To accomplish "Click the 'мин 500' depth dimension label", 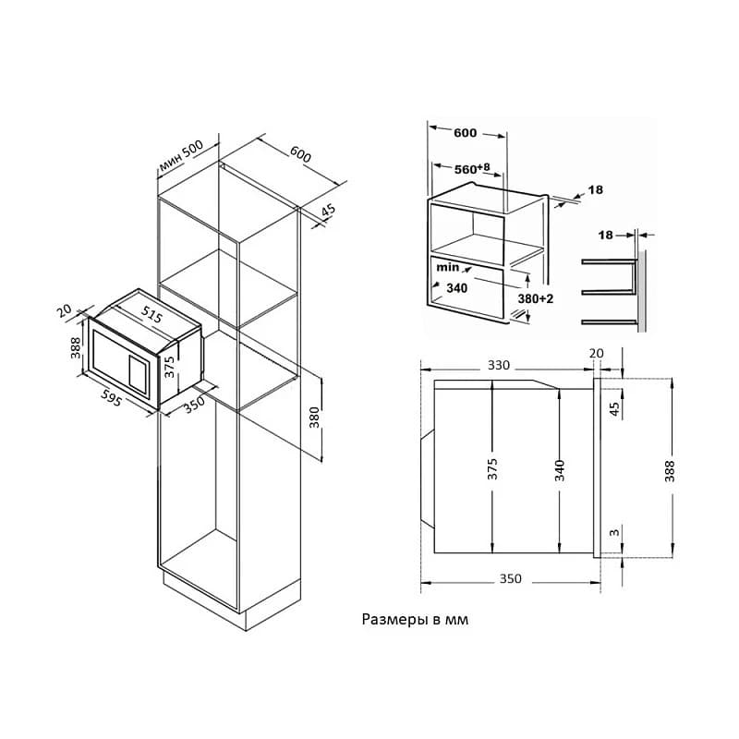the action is (181, 155).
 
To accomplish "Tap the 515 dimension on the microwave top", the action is (151, 314).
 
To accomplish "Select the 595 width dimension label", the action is (111, 398).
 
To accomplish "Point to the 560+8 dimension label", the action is (472, 168).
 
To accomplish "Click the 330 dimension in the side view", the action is (498, 365).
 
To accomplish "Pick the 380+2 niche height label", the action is (536, 298).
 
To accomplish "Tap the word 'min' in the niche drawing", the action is (447, 267).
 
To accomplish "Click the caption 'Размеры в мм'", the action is (415, 619).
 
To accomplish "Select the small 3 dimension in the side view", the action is (614, 533).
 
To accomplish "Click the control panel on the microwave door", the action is (138, 374).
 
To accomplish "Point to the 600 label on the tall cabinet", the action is (300, 154).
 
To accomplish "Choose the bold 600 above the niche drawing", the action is (466, 133).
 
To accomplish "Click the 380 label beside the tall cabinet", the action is (314, 418).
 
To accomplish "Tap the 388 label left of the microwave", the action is (76, 348).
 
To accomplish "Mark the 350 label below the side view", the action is (511, 579).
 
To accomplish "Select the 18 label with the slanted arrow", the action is (596, 189).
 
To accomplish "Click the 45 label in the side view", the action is (614, 408).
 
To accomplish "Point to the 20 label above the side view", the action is (596, 353).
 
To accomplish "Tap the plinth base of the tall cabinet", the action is (232, 599).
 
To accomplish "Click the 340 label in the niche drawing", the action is (456, 288).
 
